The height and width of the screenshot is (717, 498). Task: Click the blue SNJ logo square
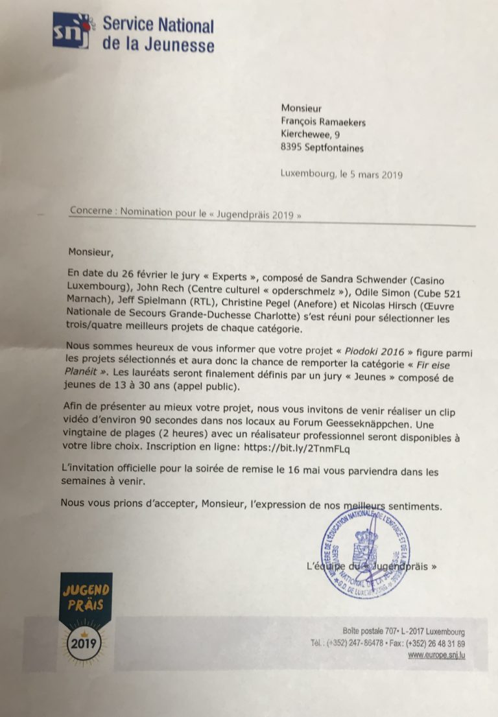pos(70,30)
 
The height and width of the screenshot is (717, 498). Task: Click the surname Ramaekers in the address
pos(342,121)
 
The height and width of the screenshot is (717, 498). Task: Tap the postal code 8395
pos(292,148)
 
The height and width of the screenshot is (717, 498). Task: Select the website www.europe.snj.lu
pos(436,655)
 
